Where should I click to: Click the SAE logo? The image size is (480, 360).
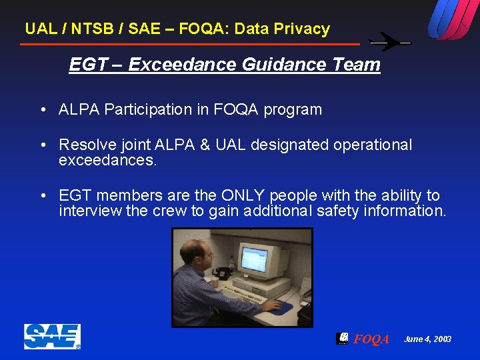click(x=52, y=336)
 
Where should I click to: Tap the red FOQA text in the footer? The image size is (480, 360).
click(x=371, y=339)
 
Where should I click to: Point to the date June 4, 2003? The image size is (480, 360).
click(x=427, y=339)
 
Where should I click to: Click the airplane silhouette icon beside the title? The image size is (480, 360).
click(x=390, y=42)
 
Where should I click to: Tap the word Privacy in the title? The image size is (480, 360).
click(x=304, y=29)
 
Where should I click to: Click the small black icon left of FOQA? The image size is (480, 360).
click(x=342, y=338)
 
